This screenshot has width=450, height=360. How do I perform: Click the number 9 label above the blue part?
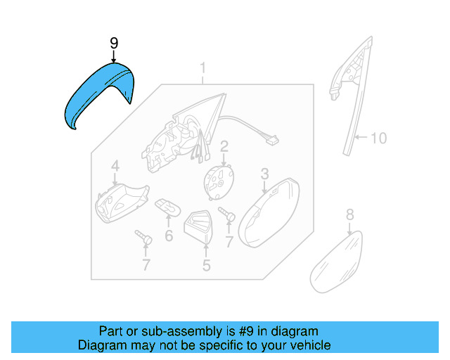pos(115,44)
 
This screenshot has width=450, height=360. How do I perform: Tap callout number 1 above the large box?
pos(202,69)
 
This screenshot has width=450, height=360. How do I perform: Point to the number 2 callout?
pos(224,146)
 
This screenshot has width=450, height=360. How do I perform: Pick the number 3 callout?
pos(265,173)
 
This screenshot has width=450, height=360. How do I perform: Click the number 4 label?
pos(115,167)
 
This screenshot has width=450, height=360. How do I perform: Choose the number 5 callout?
pos(207,265)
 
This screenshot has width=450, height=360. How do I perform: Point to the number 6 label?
pos(169,236)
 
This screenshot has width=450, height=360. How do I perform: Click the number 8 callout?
pos(350,214)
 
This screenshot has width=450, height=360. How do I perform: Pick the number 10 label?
pos(378,138)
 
